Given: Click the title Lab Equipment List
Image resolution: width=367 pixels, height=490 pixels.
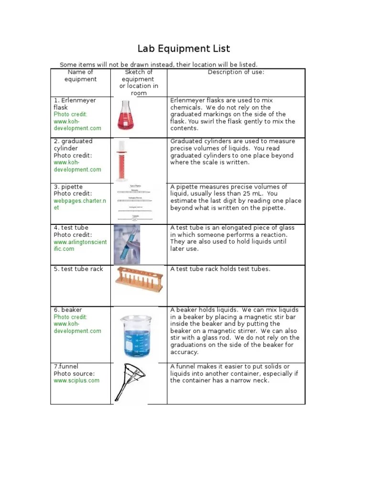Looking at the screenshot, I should pos(184,48).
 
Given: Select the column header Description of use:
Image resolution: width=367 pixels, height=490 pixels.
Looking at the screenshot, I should pos(236,72).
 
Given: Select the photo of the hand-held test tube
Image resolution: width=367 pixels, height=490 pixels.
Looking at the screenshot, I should pos(127,244).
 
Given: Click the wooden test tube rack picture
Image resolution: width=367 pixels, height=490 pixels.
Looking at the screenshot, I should pos(139,282).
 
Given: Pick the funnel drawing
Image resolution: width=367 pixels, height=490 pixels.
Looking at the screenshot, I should pos(130,382).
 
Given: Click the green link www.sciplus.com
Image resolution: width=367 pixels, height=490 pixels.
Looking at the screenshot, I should pos(76,381).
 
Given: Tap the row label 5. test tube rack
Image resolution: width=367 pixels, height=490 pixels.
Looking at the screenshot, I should pos(78,269).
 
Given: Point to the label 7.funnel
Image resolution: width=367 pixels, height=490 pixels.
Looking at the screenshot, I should pos(66,367).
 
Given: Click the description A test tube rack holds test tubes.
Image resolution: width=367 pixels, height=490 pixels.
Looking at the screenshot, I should pos(220,269).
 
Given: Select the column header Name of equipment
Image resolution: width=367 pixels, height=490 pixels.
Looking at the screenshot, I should pos(80,76).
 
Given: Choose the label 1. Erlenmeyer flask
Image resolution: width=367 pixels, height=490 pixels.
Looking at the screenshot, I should pos(75,104).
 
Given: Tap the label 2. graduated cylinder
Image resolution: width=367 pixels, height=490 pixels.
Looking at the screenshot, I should pos(73,145).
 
